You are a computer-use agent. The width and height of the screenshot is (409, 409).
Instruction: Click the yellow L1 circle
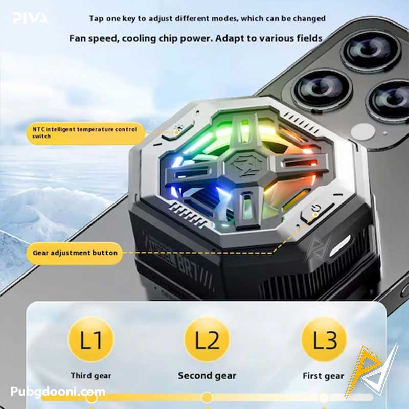pyautogui.click(x=91, y=339)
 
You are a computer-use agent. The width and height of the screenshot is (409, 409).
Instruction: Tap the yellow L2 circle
pyautogui.click(x=207, y=339)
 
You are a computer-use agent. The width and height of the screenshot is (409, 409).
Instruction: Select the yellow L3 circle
pyautogui.click(x=324, y=339)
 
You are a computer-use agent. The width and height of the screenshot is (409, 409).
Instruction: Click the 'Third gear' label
pyautogui.click(x=91, y=376)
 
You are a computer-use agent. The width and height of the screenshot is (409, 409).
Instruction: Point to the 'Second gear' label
pyautogui.click(x=207, y=376)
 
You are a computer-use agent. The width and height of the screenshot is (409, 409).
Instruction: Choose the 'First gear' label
pyautogui.click(x=324, y=376)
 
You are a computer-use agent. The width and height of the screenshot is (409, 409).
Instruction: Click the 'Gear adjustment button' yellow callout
pyautogui.click(x=75, y=253)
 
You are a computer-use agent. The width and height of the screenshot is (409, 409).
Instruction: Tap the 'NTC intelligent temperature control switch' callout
pyautogui.click(x=85, y=133)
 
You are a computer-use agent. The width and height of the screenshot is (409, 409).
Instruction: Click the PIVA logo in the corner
pyautogui.click(x=30, y=18)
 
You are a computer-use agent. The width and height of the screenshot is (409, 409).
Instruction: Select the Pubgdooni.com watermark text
pyautogui.click(x=58, y=392)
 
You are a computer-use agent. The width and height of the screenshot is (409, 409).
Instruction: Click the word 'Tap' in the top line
pyautogui.click(x=96, y=19)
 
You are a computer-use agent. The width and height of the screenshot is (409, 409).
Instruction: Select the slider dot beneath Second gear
pyautogui.click(x=207, y=397)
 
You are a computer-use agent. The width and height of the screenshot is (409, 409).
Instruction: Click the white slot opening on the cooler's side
pyautogui.click(x=340, y=245)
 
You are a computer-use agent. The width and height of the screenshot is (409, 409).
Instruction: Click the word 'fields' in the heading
pyautogui.click(x=309, y=39)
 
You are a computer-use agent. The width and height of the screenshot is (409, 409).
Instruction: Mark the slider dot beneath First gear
pyautogui.click(x=323, y=398)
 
